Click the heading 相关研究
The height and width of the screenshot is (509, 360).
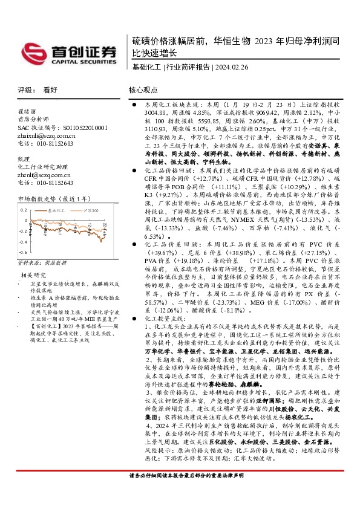pyautogui.click(x=30, y=275)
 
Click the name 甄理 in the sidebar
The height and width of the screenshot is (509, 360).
pyautogui.click(x=23, y=158)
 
